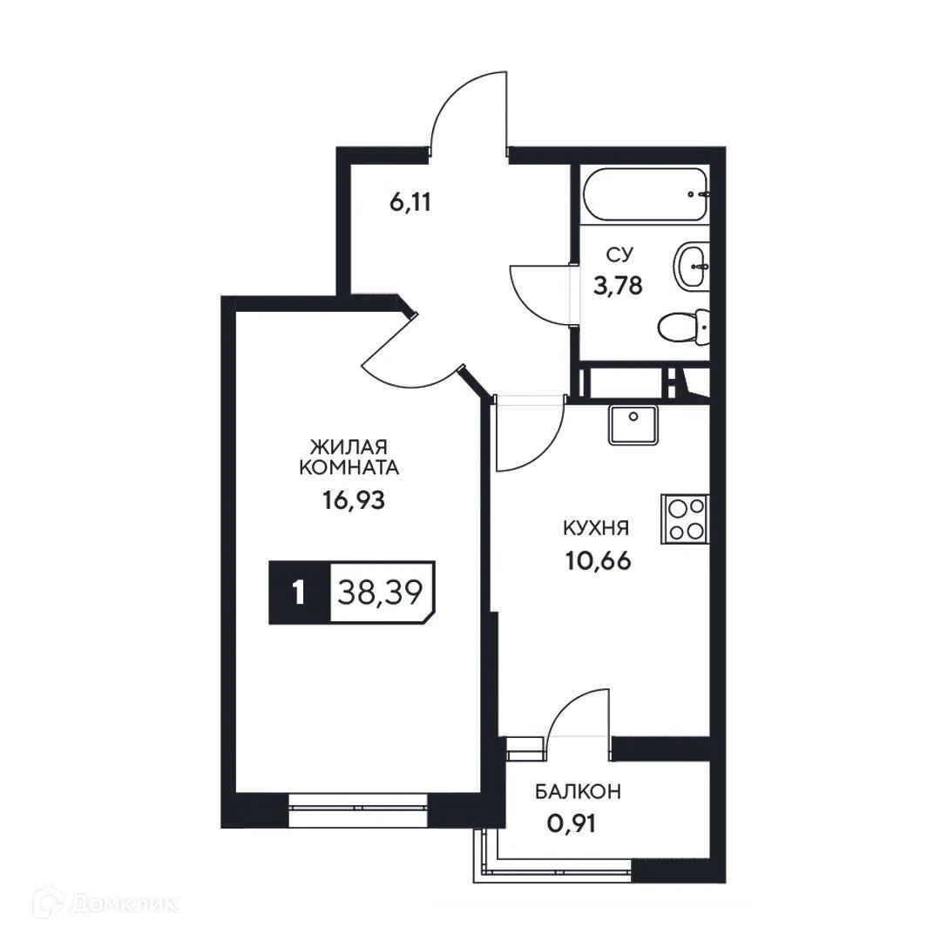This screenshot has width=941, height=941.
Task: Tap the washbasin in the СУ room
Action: (692, 265)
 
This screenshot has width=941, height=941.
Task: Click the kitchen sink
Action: (634, 424)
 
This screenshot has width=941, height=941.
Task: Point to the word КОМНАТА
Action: (349, 468)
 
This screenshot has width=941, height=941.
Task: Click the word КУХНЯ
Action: (596, 528)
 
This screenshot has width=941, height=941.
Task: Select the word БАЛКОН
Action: (578, 792)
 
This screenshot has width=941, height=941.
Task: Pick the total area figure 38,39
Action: (379, 592)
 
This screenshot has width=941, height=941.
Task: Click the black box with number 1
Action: (299, 593)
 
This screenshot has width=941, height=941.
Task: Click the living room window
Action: (357, 810)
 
